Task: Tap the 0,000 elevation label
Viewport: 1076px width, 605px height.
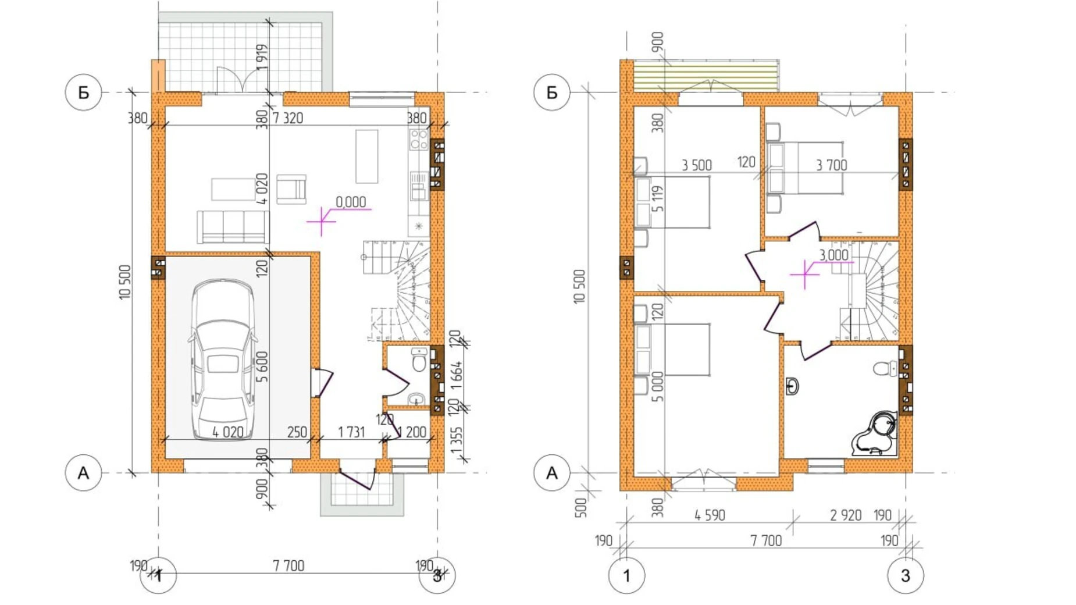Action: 351,202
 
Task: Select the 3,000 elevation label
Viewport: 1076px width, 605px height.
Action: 833,255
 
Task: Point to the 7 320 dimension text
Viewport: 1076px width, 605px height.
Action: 288,118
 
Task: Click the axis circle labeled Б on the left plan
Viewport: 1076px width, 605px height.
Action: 83,92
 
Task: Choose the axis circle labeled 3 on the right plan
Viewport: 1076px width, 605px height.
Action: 905,575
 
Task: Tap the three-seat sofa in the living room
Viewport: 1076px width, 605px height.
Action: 233,227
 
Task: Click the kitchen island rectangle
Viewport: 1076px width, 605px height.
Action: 366,156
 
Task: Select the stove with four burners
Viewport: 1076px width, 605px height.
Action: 418,140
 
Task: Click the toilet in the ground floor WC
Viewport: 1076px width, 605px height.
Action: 419,360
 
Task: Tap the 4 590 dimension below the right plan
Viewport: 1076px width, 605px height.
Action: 710,515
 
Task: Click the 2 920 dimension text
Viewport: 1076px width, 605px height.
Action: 845,515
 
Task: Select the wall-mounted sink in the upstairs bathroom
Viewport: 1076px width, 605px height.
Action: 792,386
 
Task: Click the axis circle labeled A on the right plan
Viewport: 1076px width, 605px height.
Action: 551,473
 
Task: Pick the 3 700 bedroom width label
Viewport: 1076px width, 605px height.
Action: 831,165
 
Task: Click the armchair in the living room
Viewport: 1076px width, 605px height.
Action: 291,189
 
